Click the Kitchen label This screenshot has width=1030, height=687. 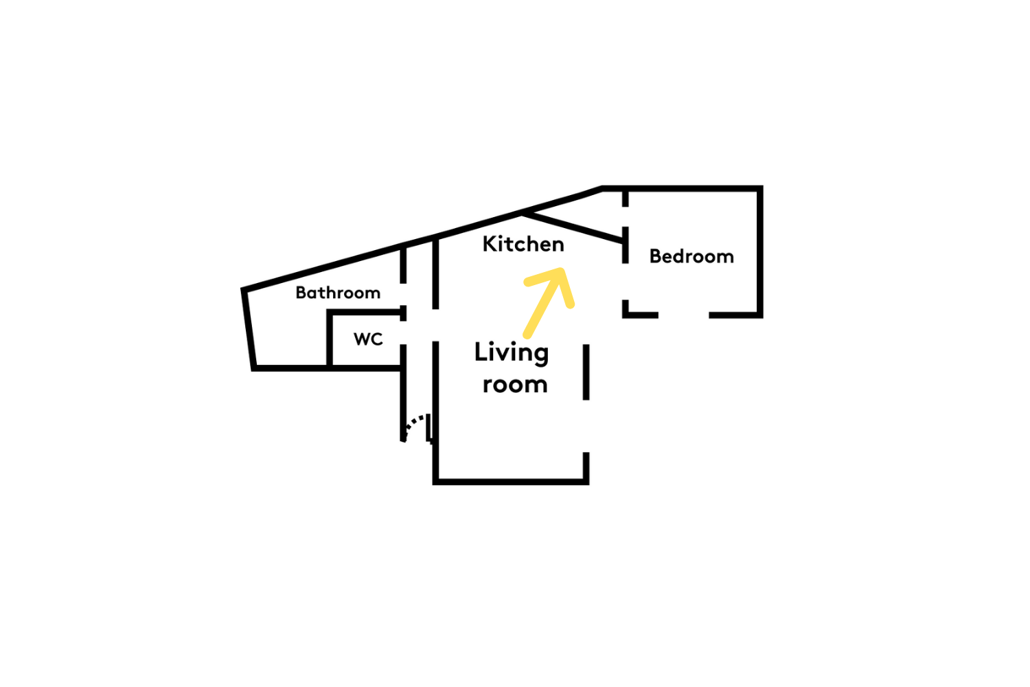[523, 244]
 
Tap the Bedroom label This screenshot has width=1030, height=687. [691, 256]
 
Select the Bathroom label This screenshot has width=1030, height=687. [338, 293]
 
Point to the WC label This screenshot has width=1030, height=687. [368, 339]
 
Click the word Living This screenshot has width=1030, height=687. [512, 353]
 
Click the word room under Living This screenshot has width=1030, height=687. [515, 385]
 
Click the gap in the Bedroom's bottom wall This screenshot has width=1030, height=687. [684, 315]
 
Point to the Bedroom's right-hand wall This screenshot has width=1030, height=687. [760, 251]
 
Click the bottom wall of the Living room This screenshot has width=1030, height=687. [511, 482]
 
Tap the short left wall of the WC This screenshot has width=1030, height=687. [329, 339]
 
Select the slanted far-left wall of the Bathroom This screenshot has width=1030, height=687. [248, 330]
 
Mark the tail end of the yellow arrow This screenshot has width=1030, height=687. [527, 335]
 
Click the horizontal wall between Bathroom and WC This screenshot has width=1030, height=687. [366, 313]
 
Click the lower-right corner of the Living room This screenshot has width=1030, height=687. [586, 482]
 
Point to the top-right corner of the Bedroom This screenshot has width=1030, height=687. [760, 189]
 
